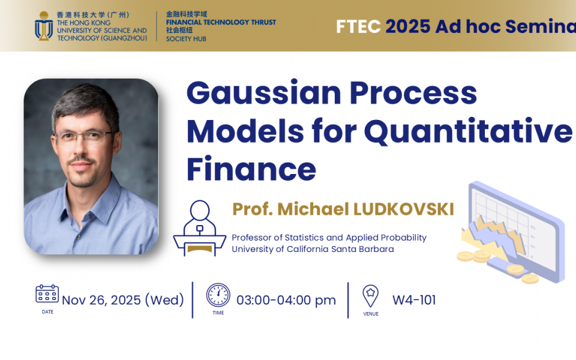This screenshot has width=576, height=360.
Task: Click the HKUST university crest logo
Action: point(44,26)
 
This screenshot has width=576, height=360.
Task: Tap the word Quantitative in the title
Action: point(468,131)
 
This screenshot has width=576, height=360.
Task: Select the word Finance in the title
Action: point(251,169)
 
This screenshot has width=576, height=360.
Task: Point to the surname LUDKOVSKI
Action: point(403,209)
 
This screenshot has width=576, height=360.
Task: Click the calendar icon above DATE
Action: point(47,293)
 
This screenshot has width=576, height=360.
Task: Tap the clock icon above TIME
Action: point(218,295)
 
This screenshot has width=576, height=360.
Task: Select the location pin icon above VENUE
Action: point(370,296)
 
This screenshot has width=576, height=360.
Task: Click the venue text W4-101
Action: point(414,300)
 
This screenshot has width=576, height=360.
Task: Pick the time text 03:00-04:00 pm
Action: point(286,300)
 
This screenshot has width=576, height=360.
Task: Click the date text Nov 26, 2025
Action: point(101,300)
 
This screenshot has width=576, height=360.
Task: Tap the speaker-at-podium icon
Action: point(199,228)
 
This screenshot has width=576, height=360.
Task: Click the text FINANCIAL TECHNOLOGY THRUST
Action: point(221,22)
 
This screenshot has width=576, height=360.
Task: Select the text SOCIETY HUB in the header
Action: point(186,39)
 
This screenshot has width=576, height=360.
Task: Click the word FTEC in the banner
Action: point(358,26)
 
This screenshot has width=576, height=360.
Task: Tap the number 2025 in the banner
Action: point(408,26)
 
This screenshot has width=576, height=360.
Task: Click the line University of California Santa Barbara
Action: point(313,249)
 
